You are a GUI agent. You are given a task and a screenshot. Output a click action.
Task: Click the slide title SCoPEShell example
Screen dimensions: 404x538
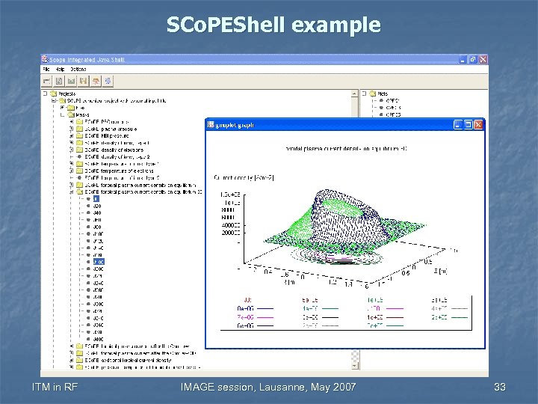coord(273,25)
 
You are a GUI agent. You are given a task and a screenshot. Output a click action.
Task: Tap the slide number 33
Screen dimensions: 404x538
coord(500,387)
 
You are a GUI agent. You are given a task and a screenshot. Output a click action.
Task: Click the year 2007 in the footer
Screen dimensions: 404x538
coord(342,387)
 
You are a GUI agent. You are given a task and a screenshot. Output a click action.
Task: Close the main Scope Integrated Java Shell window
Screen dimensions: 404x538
coord(483,59)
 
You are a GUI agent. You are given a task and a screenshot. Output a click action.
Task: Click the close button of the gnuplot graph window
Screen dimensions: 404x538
coord(479,124)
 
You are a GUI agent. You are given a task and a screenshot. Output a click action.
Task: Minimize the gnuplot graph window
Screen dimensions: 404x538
coord(459,124)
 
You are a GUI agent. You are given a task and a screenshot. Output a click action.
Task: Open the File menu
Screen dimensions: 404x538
coord(46,69)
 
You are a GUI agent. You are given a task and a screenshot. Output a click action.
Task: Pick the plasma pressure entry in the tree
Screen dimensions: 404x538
coord(109,128)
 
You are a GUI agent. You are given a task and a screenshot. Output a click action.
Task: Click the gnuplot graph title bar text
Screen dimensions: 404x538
coord(235,125)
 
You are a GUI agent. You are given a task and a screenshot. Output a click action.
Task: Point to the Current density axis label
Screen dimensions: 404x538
coord(244,177)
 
